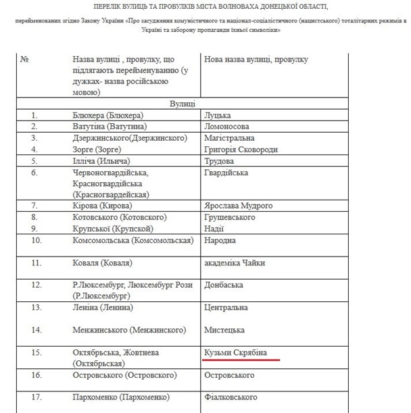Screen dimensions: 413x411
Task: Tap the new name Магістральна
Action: pos(229,138)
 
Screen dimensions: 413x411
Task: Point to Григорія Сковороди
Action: pos(241,149)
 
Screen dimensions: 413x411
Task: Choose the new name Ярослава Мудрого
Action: pos(238,205)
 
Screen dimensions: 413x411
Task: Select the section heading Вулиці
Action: pos(183,104)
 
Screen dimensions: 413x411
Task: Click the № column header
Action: pos(25,60)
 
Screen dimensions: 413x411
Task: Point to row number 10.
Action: pos(37,240)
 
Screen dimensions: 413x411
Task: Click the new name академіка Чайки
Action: pos(235,263)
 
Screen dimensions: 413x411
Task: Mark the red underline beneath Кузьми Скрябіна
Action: pos(241,360)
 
